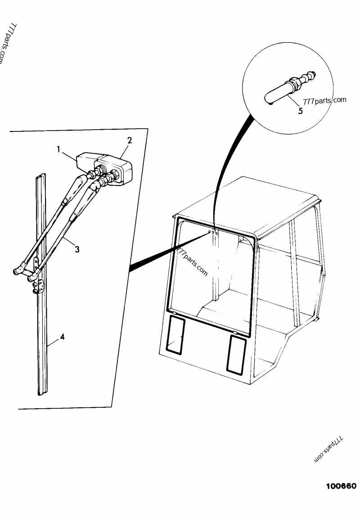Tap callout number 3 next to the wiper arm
[78, 249]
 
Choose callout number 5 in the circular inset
[300, 111]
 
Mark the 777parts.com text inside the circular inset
[324, 100]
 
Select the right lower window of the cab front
[236, 355]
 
